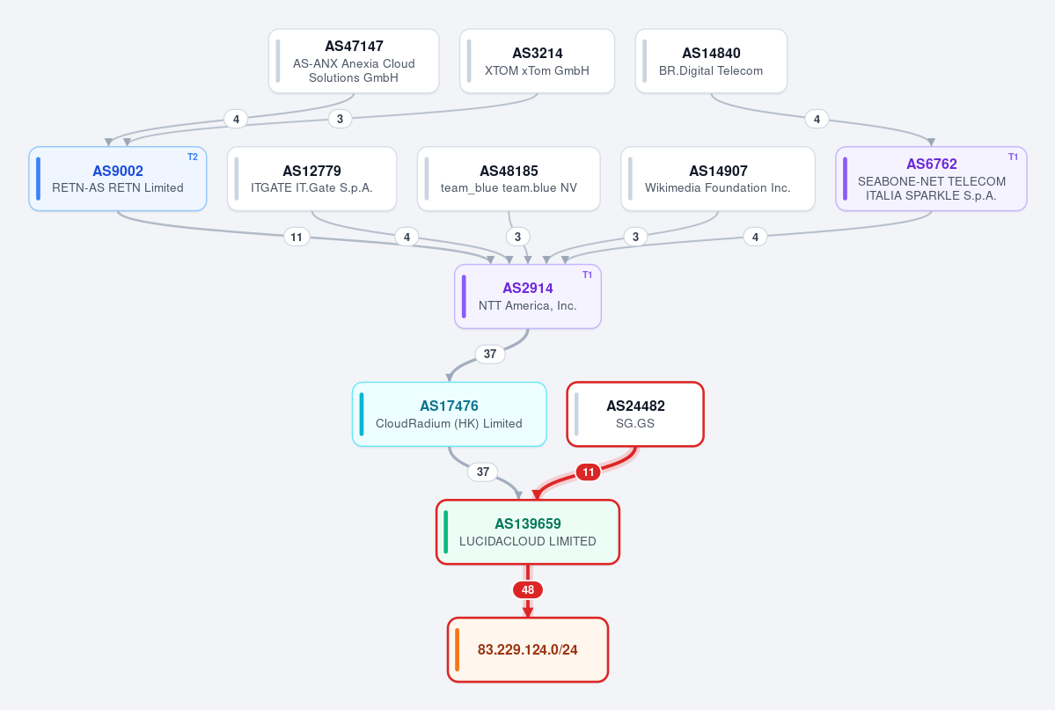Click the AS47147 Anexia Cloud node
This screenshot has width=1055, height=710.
(354, 62)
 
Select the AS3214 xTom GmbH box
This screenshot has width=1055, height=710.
(537, 62)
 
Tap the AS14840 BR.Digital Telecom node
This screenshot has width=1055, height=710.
(711, 62)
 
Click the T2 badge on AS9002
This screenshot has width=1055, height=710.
(193, 157)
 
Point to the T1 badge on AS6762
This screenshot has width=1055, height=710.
(1013, 157)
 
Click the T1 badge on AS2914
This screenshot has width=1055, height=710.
(588, 274)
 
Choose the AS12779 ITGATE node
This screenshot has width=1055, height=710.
(312, 179)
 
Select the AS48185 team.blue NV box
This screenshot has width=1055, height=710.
(509, 179)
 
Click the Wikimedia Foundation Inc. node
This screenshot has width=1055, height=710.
(718, 179)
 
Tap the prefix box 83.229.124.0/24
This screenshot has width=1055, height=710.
(528, 650)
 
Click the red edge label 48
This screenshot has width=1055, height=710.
(528, 590)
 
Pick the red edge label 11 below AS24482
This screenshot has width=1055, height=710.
(588, 472)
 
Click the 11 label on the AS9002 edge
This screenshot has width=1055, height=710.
(297, 237)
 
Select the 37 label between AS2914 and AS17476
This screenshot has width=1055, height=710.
(490, 354)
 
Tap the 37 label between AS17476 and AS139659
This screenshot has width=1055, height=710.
(483, 472)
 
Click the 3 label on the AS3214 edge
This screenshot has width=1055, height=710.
(340, 119)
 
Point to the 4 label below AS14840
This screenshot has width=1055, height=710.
(817, 119)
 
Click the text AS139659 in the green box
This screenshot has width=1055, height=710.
(528, 523)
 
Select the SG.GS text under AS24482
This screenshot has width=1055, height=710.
(635, 423)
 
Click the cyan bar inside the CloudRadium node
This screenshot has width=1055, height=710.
(362, 414)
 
